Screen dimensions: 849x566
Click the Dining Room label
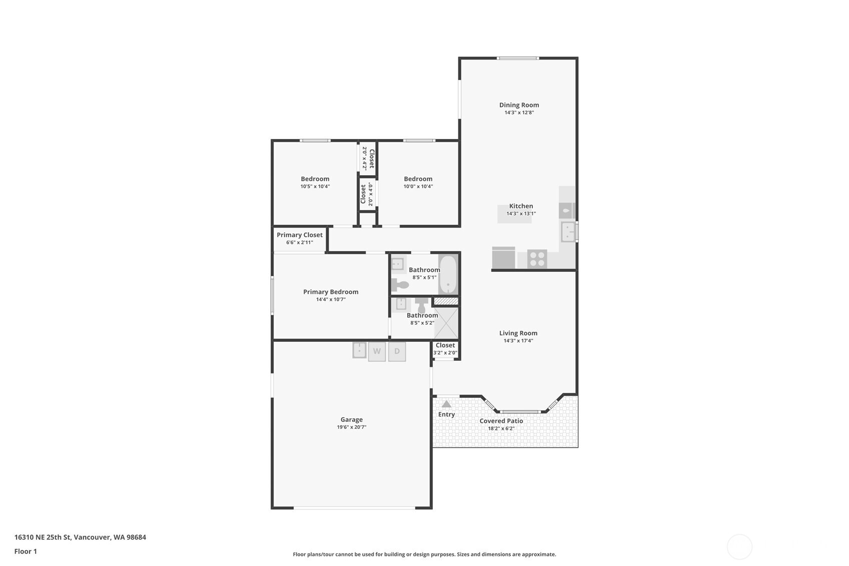519,105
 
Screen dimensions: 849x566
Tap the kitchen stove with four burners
537,259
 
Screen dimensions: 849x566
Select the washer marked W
377,351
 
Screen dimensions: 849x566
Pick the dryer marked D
397,351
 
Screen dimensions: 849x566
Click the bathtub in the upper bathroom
448,274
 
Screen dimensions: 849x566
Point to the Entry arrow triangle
446,404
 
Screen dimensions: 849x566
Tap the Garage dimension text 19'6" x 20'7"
352,427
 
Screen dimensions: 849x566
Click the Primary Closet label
299,235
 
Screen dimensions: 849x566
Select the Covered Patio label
501,421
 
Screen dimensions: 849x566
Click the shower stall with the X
446,323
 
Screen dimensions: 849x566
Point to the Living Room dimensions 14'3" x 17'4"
518,341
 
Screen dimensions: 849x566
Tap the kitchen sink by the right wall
568,232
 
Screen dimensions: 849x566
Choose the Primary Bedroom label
331,292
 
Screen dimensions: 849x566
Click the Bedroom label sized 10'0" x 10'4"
418,179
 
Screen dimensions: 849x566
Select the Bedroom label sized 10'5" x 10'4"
315,179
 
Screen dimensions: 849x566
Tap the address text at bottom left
80,537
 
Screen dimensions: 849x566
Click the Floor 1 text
26,551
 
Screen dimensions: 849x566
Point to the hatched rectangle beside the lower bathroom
446,301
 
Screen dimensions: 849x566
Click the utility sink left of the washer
359,350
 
